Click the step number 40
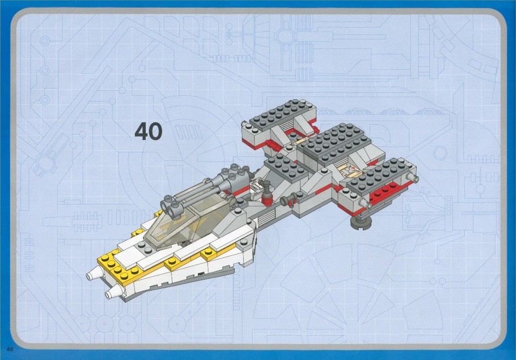coord(149,132)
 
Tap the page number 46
coord(10,349)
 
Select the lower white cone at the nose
coord(113,291)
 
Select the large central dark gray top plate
coord(335,142)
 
